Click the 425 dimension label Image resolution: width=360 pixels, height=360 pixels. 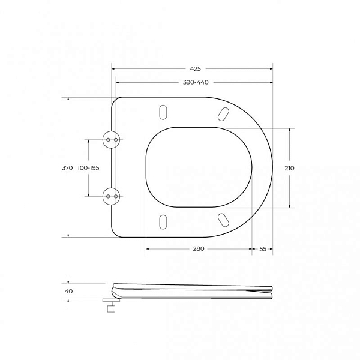[x=196, y=68]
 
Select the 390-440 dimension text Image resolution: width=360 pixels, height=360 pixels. [x=196, y=82]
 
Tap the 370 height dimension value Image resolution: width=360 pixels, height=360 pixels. [x=67, y=168]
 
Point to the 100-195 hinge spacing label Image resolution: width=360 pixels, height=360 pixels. [x=88, y=168]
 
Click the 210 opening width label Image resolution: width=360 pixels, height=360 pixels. [x=289, y=168]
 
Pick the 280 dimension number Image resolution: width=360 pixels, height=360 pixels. [x=199, y=248]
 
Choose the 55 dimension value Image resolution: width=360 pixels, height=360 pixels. [x=263, y=249]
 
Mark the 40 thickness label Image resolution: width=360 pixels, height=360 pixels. [x=68, y=291]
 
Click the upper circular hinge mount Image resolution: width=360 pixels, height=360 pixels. [x=112, y=140]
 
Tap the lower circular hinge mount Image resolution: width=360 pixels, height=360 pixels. [x=112, y=196]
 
